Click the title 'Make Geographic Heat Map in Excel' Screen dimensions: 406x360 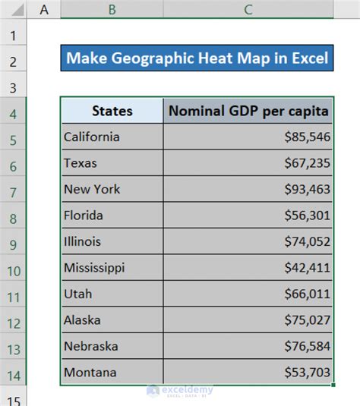(197, 58)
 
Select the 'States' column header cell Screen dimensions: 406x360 (112, 111)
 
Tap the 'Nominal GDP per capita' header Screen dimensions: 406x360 (248, 111)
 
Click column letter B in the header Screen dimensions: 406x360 (112, 9)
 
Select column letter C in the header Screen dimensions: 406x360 (248, 9)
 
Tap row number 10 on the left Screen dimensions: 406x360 (14, 269)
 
